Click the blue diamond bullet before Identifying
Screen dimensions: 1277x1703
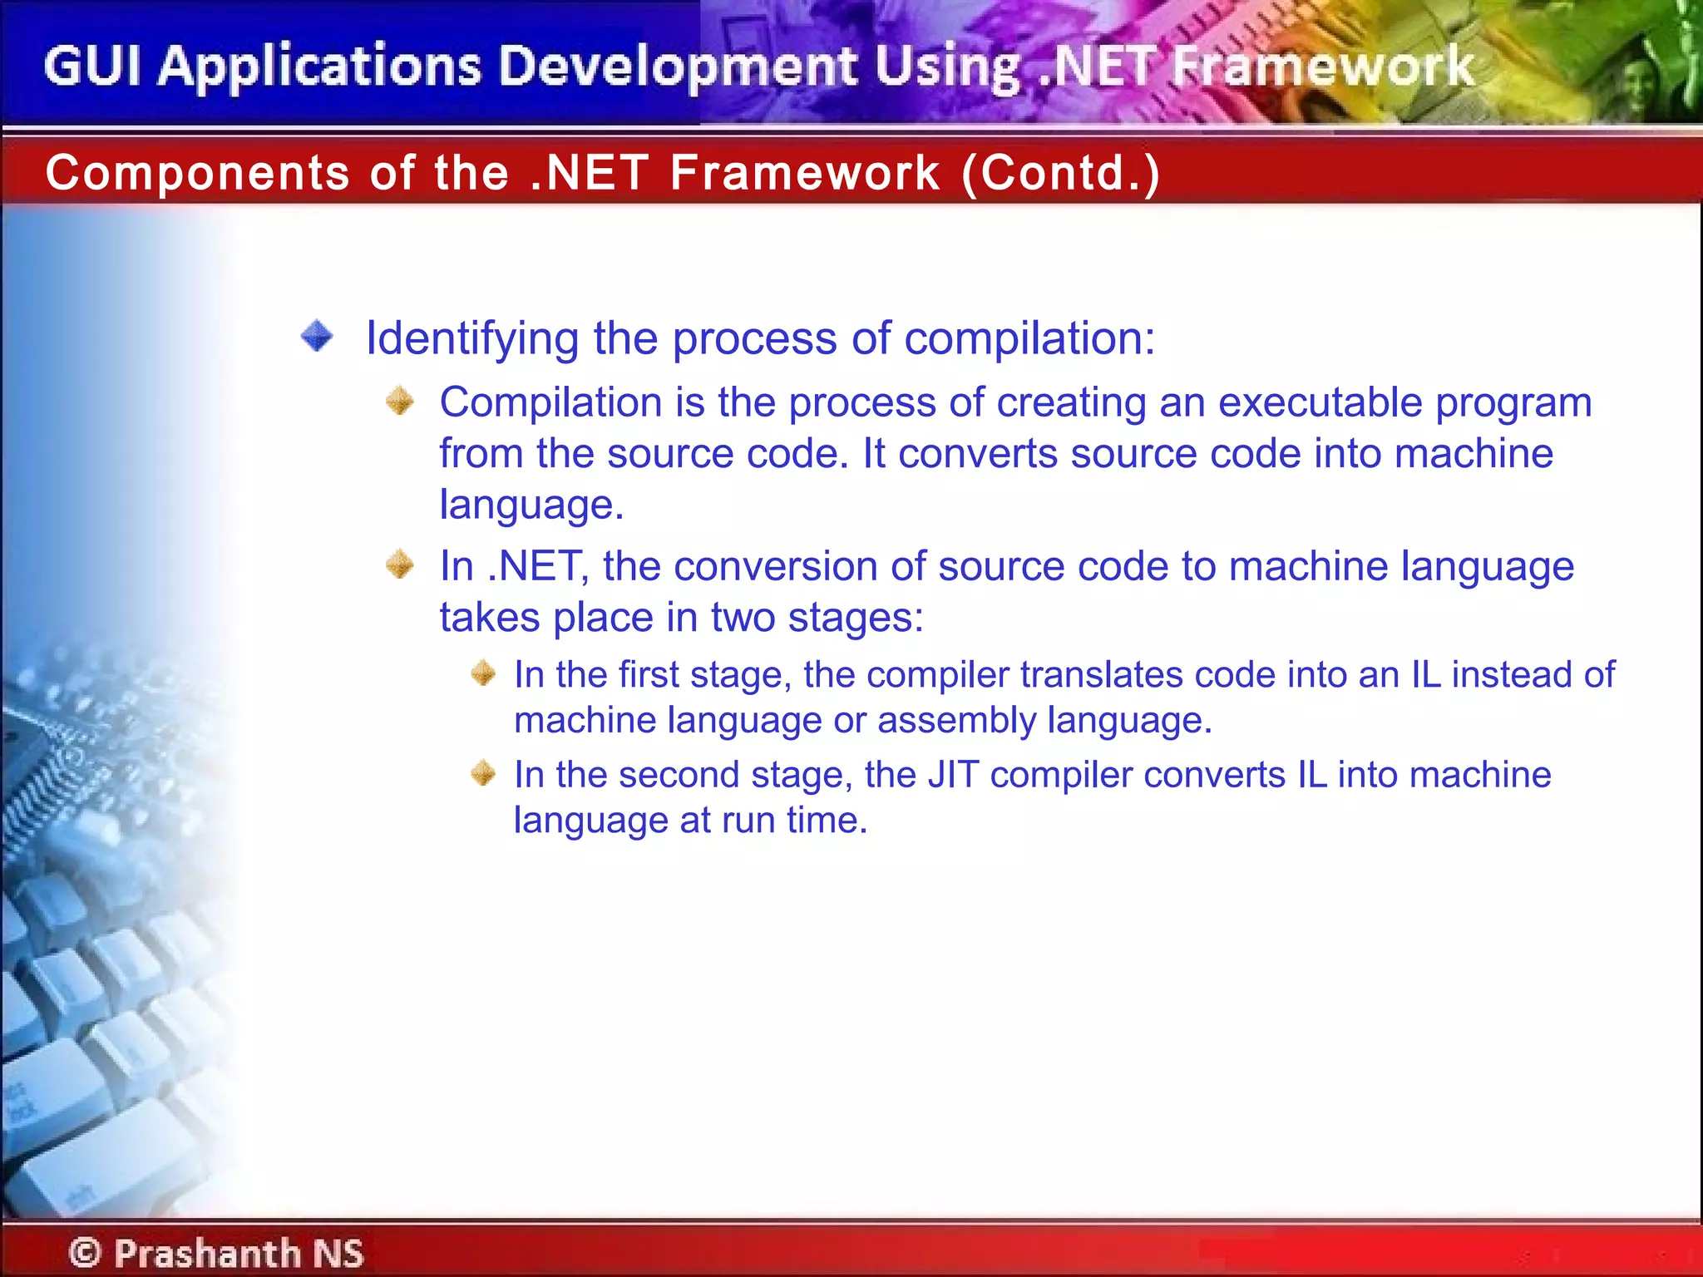point(317,337)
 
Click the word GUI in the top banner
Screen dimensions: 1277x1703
point(92,67)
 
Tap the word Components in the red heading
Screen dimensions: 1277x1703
point(197,173)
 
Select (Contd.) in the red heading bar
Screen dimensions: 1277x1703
point(1060,173)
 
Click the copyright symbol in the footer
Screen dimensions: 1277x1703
point(85,1253)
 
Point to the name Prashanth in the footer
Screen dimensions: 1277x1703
point(207,1253)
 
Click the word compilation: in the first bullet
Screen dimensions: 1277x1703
point(1029,339)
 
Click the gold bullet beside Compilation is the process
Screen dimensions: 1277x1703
point(400,402)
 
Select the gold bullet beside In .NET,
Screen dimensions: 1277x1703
point(400,565)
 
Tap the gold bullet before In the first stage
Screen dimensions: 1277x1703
point(483,673)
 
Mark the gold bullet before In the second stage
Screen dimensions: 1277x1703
point(483,773)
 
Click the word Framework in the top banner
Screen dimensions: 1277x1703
point(1322,67)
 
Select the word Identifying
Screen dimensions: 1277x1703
point(472,339)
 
